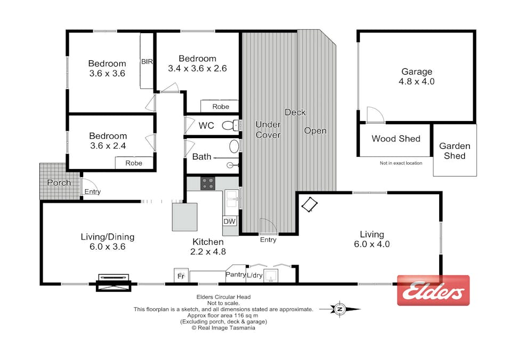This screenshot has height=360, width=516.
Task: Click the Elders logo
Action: tap(433, 291)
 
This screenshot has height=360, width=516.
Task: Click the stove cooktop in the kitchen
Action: tap(207, 183)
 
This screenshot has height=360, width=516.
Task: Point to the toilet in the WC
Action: tap(230, 126)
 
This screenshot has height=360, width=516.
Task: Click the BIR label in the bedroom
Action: tap(147, 62)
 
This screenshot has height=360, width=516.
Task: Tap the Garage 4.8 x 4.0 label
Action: tap(417, 77)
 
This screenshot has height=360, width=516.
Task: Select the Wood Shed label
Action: tap(396, 139)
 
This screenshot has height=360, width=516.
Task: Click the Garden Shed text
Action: tap(454, 151)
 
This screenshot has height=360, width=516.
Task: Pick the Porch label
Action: tap(59, 182)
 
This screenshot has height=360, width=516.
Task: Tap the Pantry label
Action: tap(235, 275)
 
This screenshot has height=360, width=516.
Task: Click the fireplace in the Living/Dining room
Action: tap(113, 282)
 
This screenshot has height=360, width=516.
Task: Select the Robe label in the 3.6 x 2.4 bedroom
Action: tap(134, 163)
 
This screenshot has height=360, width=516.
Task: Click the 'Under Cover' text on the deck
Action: tap(268, 130)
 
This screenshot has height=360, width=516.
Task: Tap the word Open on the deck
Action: tap(315, 131)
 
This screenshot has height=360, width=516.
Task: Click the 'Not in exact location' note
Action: tap(400, 163)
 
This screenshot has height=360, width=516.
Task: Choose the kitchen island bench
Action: tap(184, 216)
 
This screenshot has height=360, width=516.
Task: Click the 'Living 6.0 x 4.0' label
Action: tap(372, 239)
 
